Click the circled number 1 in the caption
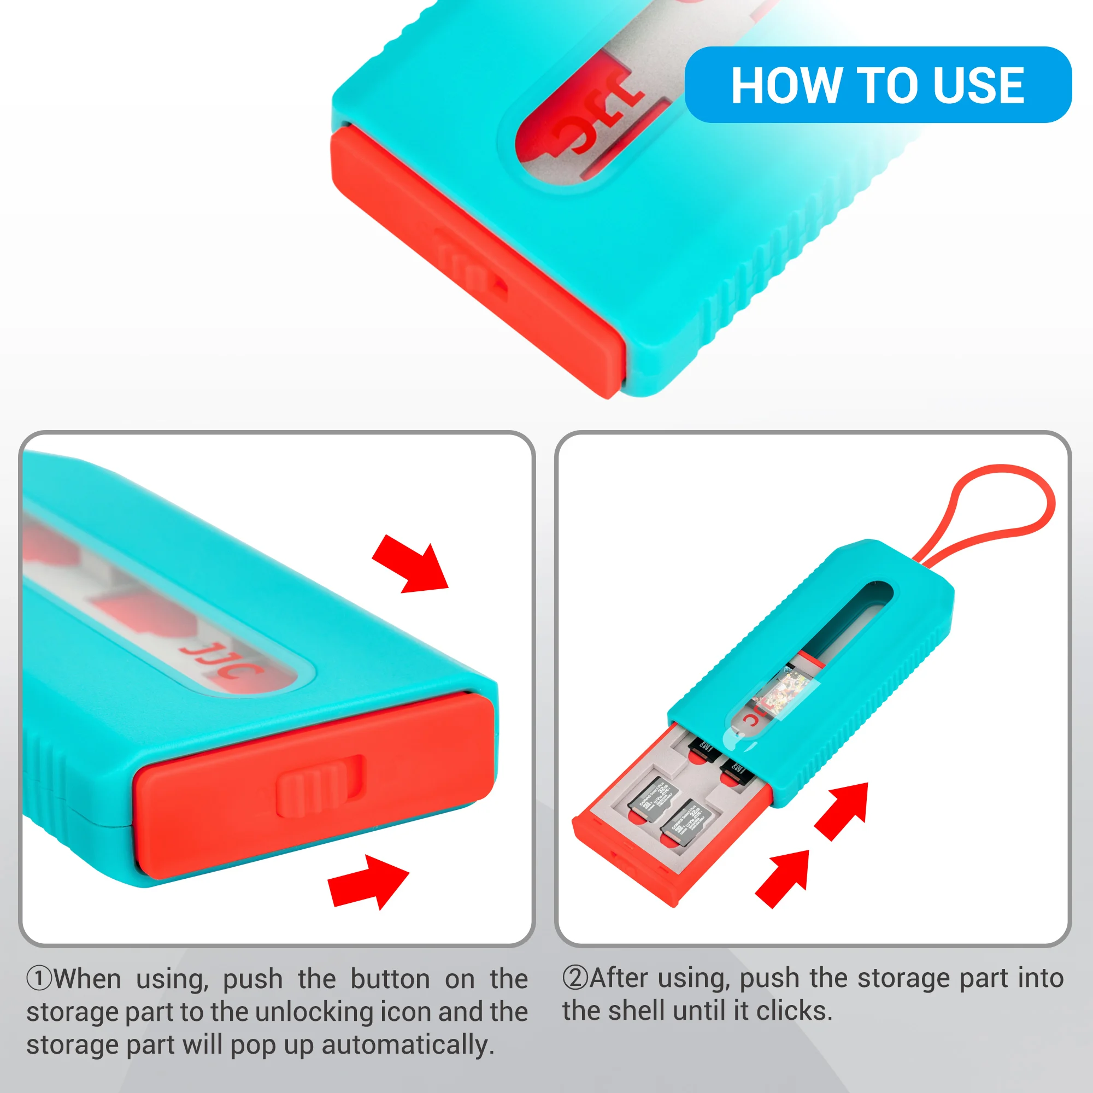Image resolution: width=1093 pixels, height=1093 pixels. (x=39, y=979)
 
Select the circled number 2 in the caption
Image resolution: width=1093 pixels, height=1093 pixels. (x=575, y=978)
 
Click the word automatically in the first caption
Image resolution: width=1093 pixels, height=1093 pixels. (x=407, y=1045)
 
